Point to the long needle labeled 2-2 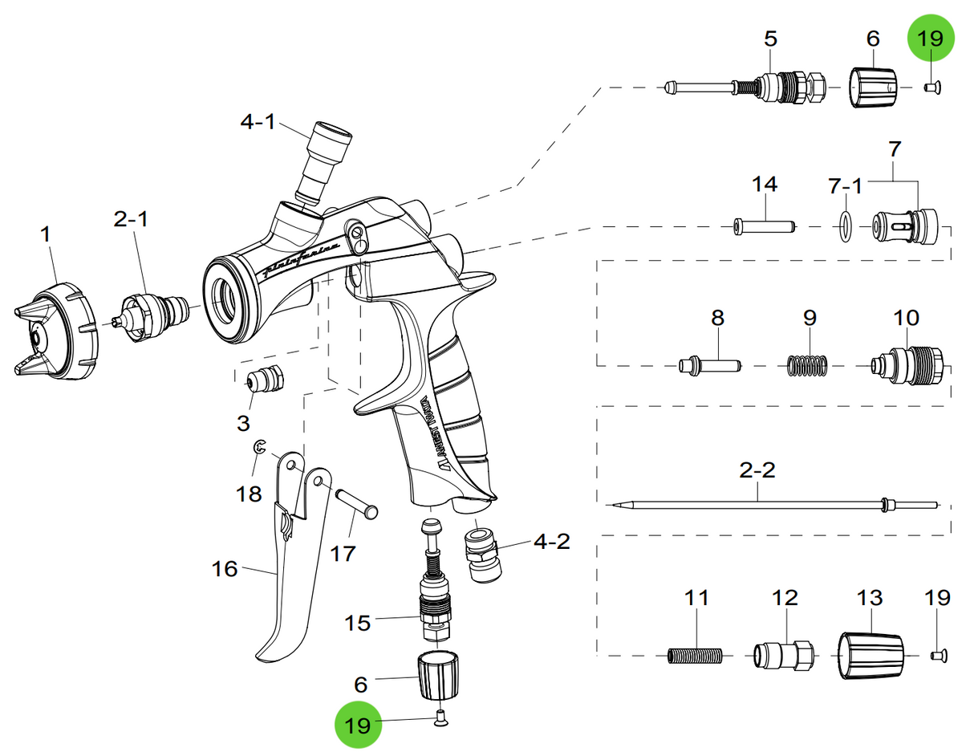[754, 504]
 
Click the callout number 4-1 [258, 122]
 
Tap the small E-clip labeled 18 [258, 451]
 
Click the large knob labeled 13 [871, 655]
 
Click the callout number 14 [764, 184]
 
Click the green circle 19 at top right [931, 38]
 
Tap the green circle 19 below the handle [358, 725]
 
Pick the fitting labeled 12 [784, 656]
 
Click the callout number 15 [358, 622]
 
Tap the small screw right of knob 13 [937, 655]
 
